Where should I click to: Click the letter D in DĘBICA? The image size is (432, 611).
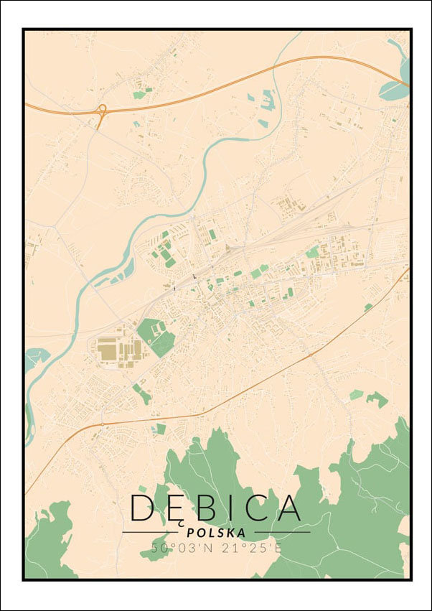[x=142, y=508]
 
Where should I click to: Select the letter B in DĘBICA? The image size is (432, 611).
[x=205, y=508]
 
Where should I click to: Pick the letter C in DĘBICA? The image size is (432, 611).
[x=253, y=508]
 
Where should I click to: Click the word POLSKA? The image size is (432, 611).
[x=215, y=533]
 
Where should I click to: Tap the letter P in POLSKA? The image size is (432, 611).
[x=189, y=533]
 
